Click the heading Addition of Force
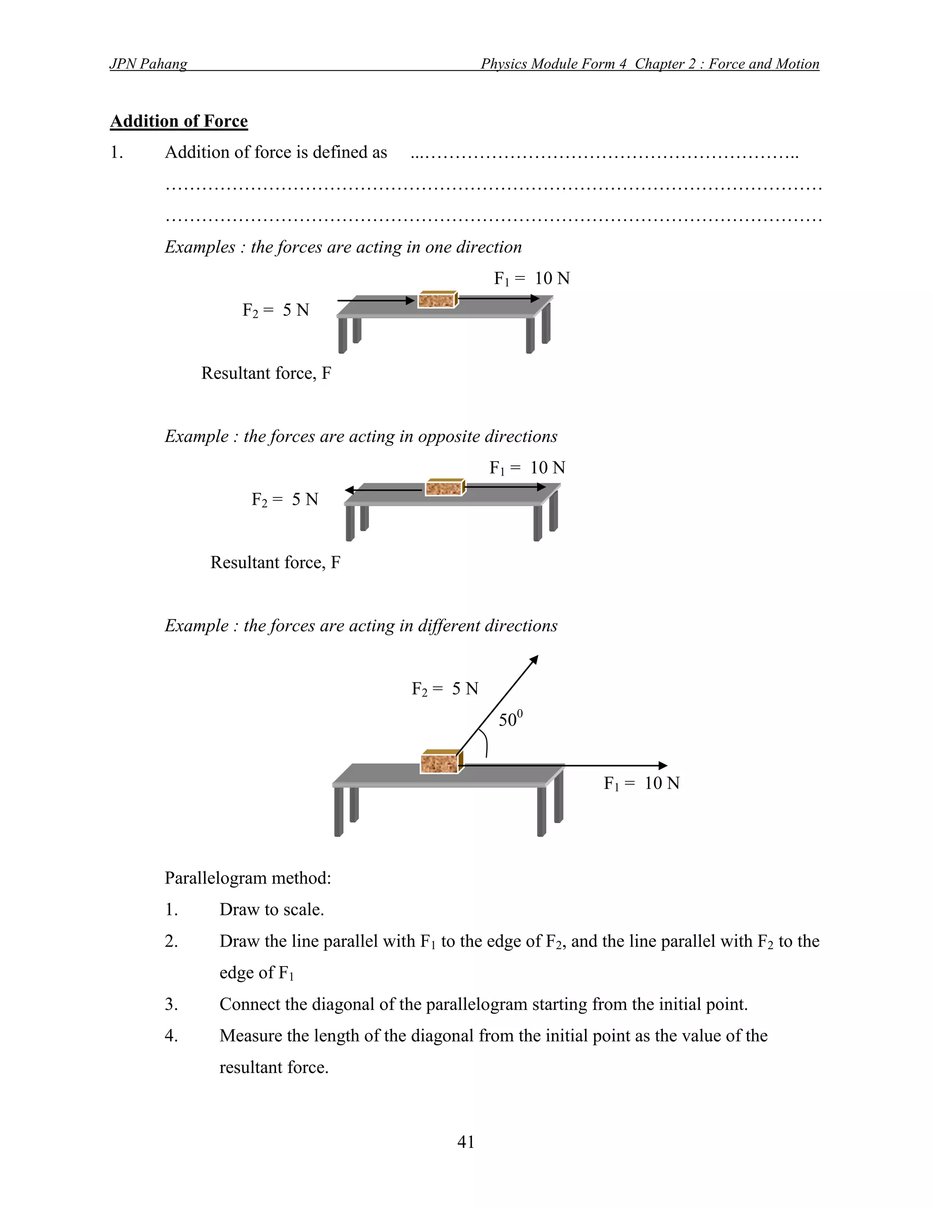[179, 121]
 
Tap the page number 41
[466, 1141]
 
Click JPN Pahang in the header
[148, 64]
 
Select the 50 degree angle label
[510, 719]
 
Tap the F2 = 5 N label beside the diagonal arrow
[445, 689]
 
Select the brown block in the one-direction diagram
[436, 300]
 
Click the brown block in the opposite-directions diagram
[444, 488]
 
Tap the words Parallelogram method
[248, 878]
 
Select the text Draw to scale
[272, 909]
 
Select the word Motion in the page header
[798, 64]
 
